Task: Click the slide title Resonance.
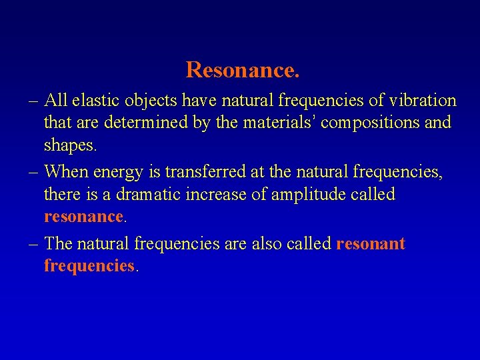[243, 69]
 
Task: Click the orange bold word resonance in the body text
[83, 217]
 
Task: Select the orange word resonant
[371, 243]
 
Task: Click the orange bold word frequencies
[89, 266]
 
